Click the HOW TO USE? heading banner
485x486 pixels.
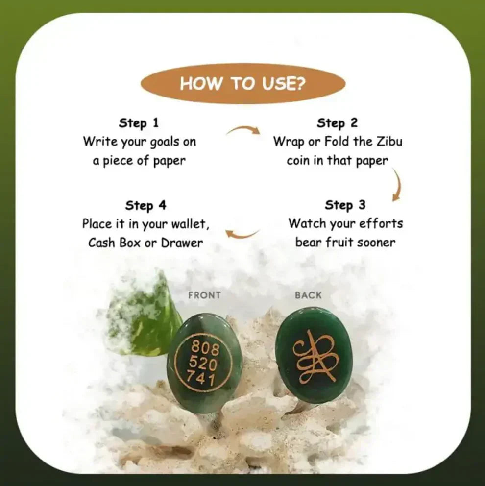pos(242,83)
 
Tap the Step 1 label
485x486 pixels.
pos(139,122)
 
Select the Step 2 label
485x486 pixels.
pos(337,123)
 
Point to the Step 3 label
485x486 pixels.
pos(345,205)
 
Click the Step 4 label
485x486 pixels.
pos(145,205)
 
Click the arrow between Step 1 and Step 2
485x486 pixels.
pos(243,130)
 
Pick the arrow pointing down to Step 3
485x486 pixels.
pos(396,185)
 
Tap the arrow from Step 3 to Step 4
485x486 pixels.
pos(242,233)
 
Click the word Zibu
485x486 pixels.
pos(389,142)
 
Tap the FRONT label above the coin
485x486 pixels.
pos(204,295)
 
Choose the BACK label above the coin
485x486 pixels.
pos(308,295)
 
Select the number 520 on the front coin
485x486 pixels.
pos(201,364)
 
